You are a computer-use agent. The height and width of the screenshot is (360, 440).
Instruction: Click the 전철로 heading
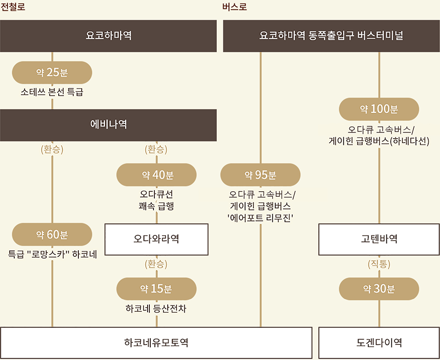(x=13, y=7)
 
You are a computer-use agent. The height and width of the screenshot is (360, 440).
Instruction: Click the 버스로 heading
(x=235, y=7)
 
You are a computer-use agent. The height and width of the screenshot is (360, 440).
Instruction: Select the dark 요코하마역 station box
(x=108, y=36)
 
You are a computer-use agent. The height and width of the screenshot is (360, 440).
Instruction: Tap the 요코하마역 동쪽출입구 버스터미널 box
(x=331, y=36)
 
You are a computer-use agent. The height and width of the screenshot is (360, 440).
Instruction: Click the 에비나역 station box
(x=108, y=125)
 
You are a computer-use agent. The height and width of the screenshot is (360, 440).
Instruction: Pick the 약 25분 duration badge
(x=52, y=72)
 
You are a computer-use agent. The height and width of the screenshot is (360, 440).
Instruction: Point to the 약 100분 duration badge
(x=379, y=109)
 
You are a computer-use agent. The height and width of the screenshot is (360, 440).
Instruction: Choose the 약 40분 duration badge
(x=157, y=175)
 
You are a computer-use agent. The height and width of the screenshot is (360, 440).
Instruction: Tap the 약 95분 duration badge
(x=260, y=175)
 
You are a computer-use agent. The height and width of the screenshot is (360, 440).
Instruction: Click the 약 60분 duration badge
(x=52, y=234)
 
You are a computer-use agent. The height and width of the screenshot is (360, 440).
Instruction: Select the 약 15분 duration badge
(x=157, y=288)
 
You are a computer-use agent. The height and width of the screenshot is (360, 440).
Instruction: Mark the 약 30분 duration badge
(x=379, y=288)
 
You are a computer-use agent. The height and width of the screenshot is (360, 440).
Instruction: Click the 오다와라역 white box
(x=157, y=239)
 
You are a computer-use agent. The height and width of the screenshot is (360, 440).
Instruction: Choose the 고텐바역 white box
(x=379, y=239)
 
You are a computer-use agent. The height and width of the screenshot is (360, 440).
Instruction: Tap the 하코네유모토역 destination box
(x=156, y=343)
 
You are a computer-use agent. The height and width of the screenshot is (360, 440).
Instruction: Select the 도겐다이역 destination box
(x=379, y=343)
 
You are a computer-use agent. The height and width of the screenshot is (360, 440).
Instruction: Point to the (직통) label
(x=379, y=264)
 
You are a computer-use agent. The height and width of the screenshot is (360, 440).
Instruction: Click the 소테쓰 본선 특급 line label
(x=52, y=92)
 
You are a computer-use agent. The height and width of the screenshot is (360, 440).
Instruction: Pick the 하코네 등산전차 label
(x=156, y=309)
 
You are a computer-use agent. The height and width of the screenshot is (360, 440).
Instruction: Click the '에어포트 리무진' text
(x=260, y=218)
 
